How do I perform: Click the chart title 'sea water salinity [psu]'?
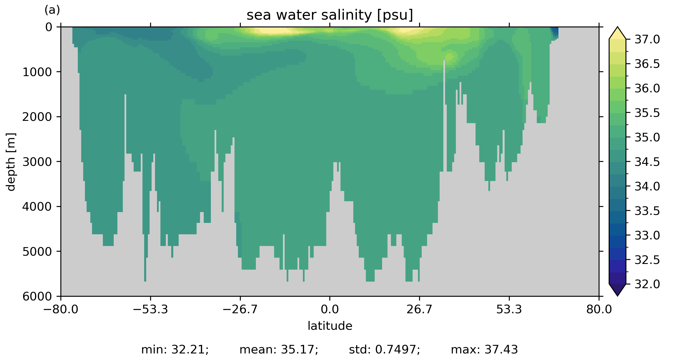330,15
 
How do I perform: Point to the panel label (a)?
52,10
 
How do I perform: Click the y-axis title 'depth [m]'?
11,162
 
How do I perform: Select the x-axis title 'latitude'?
330,326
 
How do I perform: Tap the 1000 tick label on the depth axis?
37,72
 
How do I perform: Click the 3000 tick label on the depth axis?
37,162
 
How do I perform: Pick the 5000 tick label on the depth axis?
37,252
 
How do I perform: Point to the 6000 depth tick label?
37,296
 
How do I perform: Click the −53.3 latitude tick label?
150,309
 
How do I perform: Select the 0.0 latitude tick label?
330,309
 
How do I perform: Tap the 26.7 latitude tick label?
419,309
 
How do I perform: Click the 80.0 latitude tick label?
599,309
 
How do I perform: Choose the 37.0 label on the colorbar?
647,40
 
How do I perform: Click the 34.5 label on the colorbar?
647,162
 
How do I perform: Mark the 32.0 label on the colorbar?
647,284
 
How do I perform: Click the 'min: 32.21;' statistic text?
175,349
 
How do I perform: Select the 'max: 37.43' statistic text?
484,349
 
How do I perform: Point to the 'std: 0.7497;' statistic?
384,349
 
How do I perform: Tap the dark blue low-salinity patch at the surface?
554,32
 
